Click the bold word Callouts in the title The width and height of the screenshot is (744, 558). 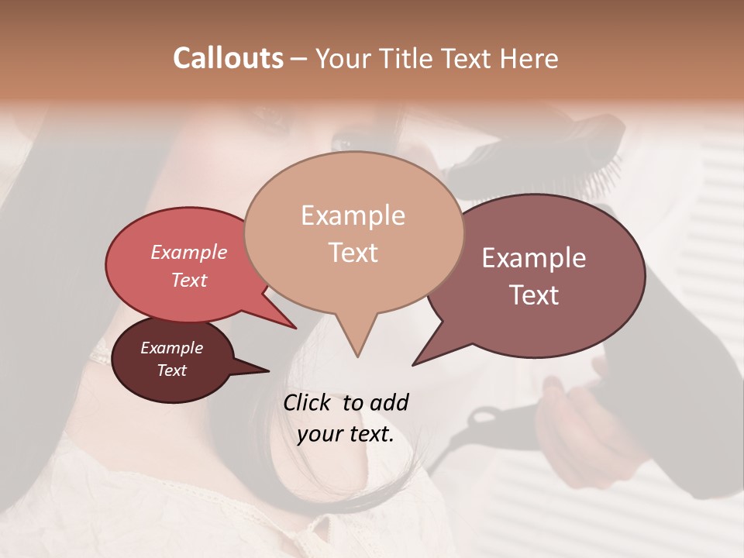pos(228,58)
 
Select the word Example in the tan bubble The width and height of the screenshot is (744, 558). pos(353,215)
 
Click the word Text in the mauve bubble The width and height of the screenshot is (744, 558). pos(534,295)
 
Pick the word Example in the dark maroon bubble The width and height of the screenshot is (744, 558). pos(171,348)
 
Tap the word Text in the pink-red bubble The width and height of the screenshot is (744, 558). pos(188,280)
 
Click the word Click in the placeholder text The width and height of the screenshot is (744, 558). pos(308,402)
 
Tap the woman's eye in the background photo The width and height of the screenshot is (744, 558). pos(346,143)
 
